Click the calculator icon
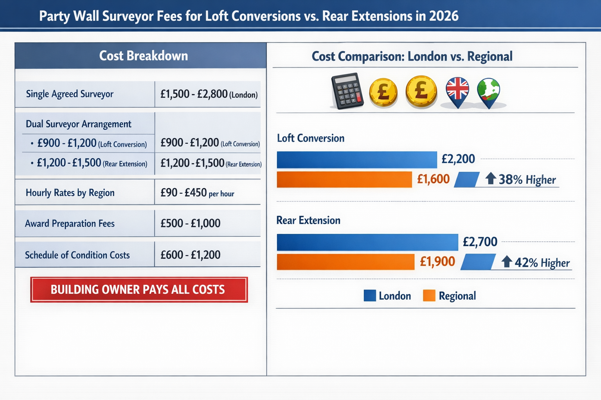click(347, 91)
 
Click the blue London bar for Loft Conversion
click(356, 160)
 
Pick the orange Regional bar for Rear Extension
click(345, 262)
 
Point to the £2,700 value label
click(480, 242)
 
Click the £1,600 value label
click(433, 179)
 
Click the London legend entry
click(387, 296)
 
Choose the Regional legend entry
click(450, 296)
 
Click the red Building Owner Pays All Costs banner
click(139, 289)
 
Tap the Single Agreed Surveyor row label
click(70, 94)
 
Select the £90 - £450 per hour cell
click(197, 193)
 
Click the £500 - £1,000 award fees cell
click(191, 223)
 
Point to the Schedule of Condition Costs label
click(77, 255)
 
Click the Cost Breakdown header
click(143, 56)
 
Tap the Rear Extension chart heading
click(308, 220)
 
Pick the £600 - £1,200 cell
click(191, 255)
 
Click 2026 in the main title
click(443, 16)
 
